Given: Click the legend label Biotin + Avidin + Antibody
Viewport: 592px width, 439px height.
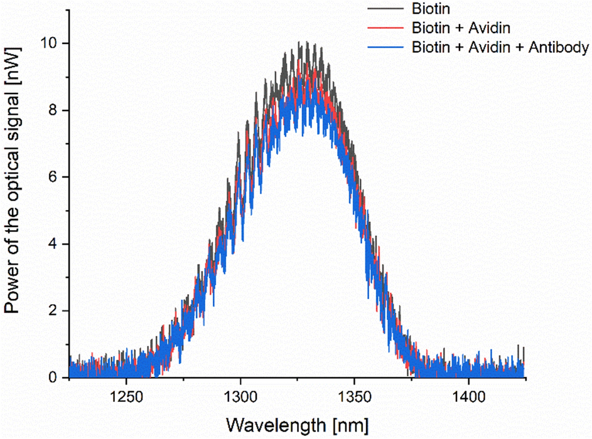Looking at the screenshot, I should (x=500, y=47).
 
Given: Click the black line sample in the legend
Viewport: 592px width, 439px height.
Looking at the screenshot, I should (x=385, y=9).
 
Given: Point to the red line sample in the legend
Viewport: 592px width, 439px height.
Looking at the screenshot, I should (x=385, y=28).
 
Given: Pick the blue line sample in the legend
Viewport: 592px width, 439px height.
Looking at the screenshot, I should (x=385, y=47).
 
